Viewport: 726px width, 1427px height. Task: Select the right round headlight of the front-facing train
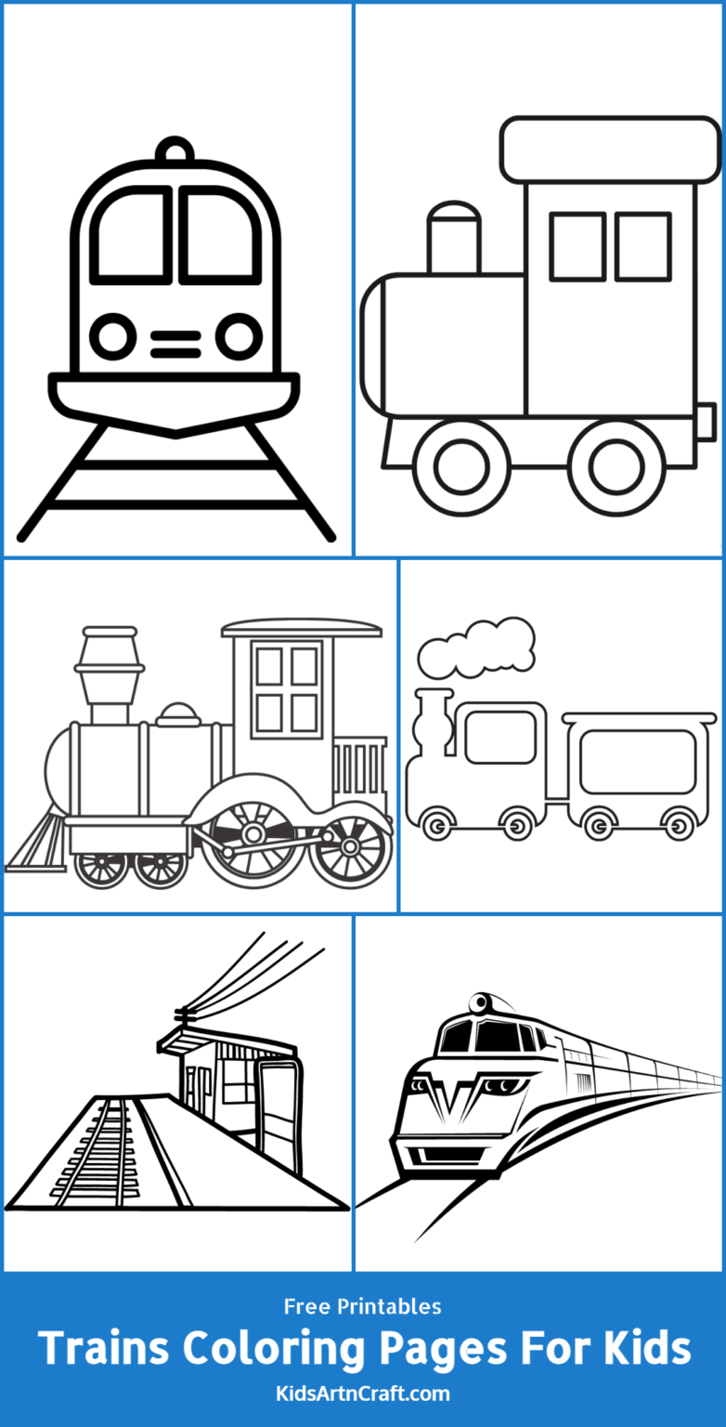[240, 335]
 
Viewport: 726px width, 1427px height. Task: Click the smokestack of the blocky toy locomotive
[454, 238]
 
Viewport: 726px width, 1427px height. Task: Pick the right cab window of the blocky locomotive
[642, 246]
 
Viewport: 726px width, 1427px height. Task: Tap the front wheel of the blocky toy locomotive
[461, 467]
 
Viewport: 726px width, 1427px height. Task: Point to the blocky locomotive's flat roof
[610, 149]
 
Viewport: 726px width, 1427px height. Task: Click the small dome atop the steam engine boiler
[179, 714]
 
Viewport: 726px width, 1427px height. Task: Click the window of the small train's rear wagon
[638, 762]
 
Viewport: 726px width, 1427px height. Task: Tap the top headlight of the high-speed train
[481, 1003]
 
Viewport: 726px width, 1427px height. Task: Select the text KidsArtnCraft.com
[363, 1394]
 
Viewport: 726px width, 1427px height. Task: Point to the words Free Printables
[363, 1306]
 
